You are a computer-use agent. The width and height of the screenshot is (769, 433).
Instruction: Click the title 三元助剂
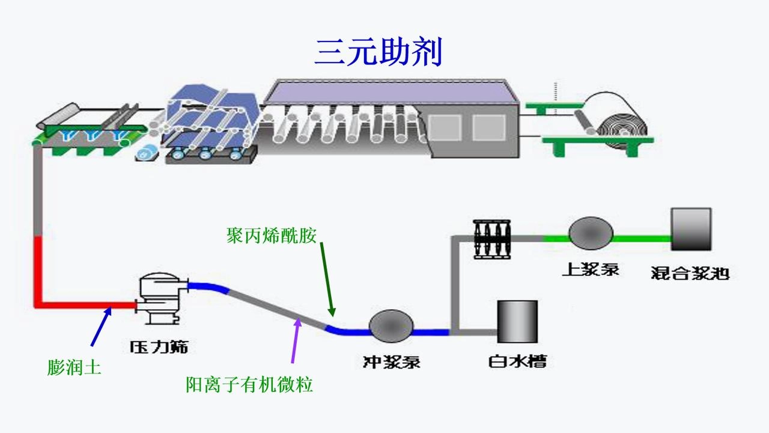tap(378, 52)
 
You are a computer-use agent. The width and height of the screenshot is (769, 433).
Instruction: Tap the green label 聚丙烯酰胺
tap(271, 235)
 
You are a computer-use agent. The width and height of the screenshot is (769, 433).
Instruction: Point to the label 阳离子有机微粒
tap(249, 384)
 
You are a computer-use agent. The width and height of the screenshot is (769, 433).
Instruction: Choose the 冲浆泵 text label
tap(391, 361)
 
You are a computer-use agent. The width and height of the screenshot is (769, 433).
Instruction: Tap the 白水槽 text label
tap(517, 361)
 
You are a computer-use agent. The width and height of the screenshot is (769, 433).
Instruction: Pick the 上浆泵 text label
tap(591, 269)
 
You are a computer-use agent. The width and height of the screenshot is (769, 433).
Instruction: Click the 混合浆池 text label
tap(690, 273)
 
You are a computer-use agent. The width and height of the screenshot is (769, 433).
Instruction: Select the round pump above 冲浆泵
tap(391, 327)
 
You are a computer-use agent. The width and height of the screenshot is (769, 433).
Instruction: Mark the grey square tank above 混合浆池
tap(691, 229)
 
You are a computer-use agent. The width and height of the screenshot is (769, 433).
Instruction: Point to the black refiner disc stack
tap(491, 239)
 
